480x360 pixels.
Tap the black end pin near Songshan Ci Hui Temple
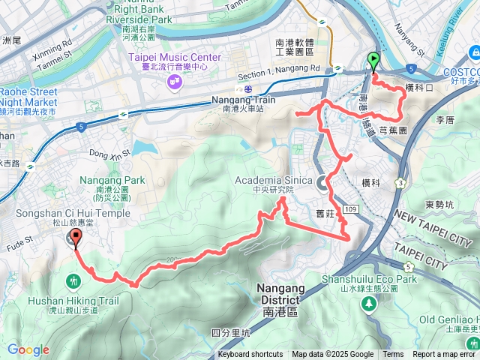pyautogui.click(x=75, y=239)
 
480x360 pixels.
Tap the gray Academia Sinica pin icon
pyautogui.click(x=323, y=182)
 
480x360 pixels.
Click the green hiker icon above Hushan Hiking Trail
pyautogui.click(x=74, y=282)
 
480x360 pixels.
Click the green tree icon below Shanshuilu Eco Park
pyautogui.click(x=369, y=302)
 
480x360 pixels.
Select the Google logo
pyautogui.click(x=28, y=349)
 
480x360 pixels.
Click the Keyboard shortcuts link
pyautogui.click(x=250, y=355)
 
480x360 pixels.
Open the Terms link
pyautogui.click(x=393, y=355)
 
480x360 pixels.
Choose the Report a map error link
pyautogui.click(x=445, y=355)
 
